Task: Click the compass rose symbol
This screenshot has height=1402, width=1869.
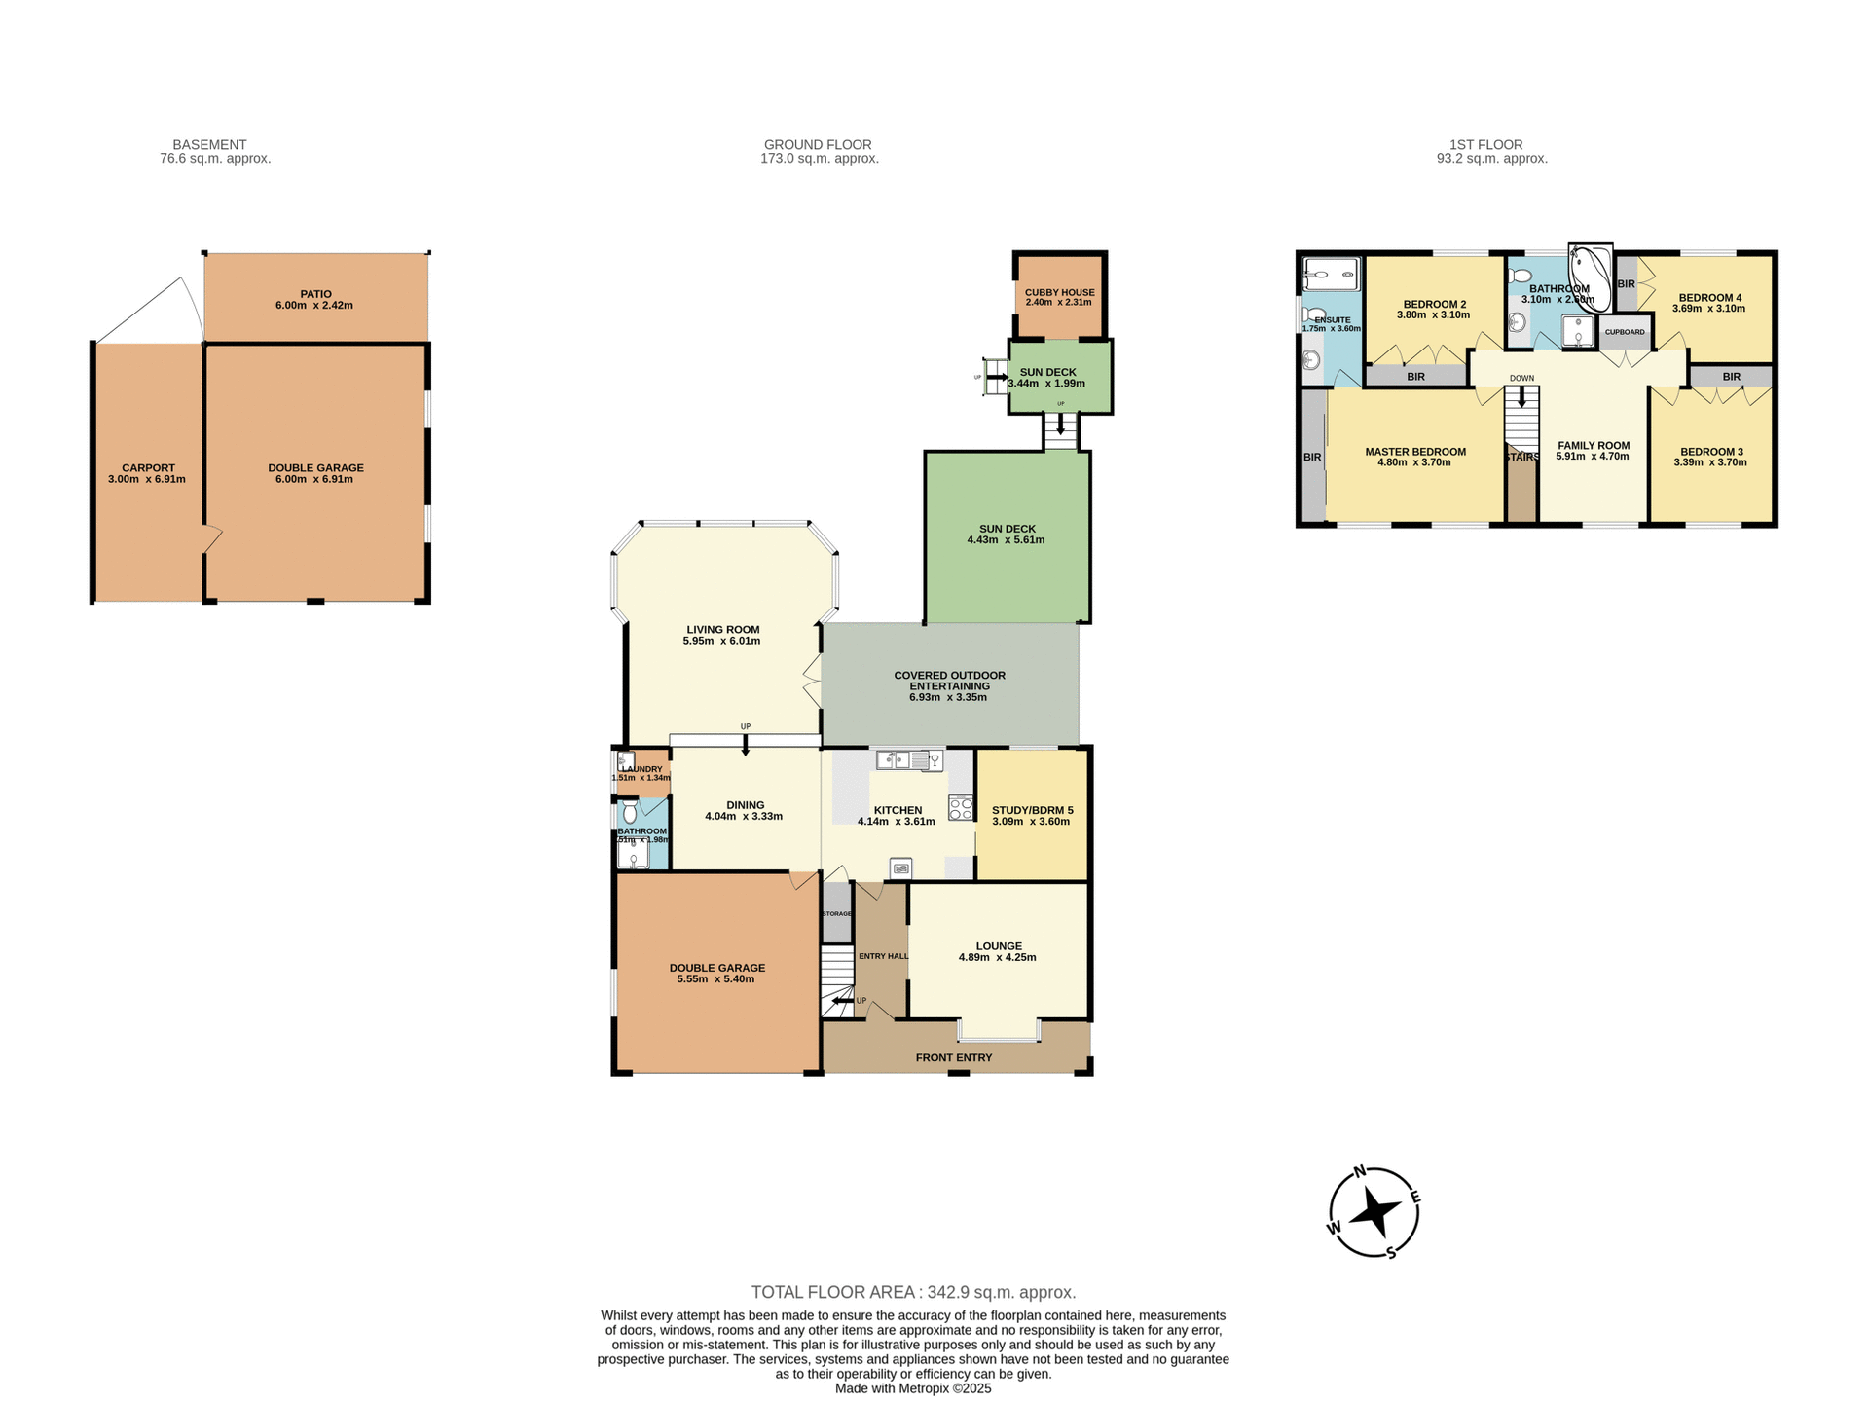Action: (x=1374, y=1212)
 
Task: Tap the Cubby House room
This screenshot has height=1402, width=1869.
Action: (x=1059, y=296)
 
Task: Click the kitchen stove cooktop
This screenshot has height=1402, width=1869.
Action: (x=961, y=807)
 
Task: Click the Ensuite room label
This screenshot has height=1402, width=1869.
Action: (x=1332, y=320)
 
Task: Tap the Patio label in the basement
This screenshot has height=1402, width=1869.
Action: (x=315, y=294)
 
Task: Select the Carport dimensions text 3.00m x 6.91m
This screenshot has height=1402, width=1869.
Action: (x=147, y=479)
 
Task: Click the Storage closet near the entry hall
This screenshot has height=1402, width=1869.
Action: (x=836, y=912)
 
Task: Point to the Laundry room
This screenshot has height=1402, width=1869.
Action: (x=642, y=770)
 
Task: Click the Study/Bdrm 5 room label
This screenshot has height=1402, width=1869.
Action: (x=1032, y=810)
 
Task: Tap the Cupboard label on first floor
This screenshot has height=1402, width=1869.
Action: (x=1625, y=332)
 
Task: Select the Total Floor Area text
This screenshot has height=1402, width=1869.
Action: (x=913, y=1292)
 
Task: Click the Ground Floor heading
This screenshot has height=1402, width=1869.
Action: (x=818, y=144)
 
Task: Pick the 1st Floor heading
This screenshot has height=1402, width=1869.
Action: (x=1485, y=144)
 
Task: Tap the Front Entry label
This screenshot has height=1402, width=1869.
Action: (x=954, y=1057)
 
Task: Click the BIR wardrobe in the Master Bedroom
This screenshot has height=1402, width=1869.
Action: (x=1312, y=457)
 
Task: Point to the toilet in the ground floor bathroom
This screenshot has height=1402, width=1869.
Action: (x=630, y=811)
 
